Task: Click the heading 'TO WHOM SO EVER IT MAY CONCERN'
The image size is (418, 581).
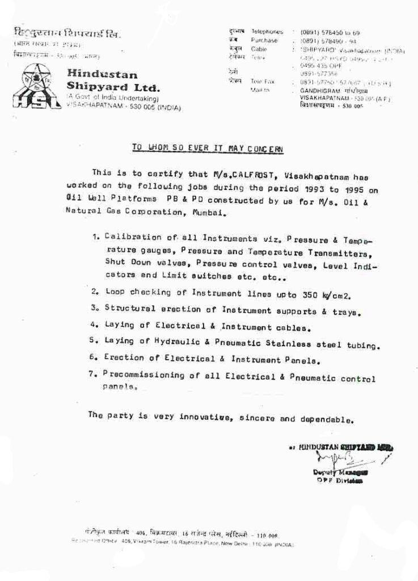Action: pos(207,149)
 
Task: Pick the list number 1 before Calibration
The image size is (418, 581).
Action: pos(95,238)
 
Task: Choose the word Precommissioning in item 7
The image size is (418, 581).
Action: pos(136,376)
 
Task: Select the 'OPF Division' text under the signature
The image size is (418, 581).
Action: pos(340,481)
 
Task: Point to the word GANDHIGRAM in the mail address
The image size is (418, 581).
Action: pos(319,90)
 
